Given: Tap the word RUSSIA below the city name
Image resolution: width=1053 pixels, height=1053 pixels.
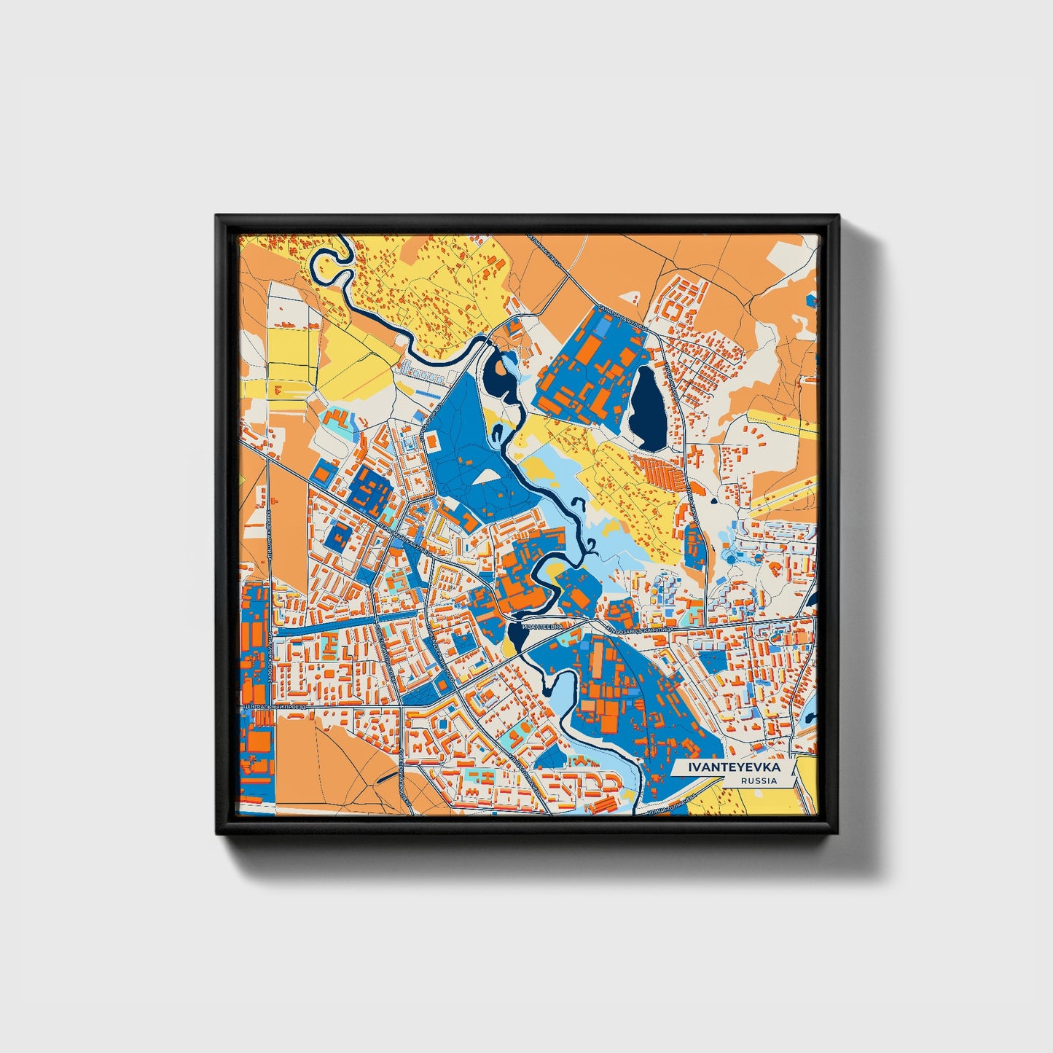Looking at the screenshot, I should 758,780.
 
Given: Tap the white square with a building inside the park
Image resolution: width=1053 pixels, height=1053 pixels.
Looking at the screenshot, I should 431,440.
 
